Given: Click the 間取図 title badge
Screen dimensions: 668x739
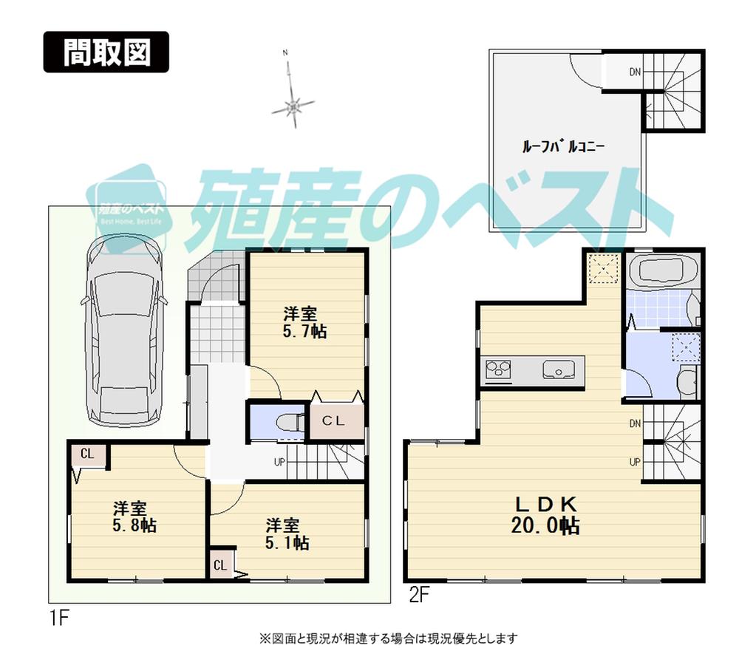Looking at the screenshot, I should (x=106, y=52).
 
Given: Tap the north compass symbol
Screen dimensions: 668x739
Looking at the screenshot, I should (x=293, y=106).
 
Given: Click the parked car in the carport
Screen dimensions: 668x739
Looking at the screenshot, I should (x=123, y=329).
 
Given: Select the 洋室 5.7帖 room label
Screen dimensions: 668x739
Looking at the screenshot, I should (x=306, y=321).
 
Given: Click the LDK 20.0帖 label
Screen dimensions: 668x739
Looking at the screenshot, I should (x=545, y=514).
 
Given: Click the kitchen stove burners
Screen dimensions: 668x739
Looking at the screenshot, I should (x=498, y=367).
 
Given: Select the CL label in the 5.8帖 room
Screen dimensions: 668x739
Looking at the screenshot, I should (x=87, y=454).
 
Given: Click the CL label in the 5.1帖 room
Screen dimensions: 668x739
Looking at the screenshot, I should (x=220, y=566).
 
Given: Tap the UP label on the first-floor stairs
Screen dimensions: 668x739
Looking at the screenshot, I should (x=279, y=463).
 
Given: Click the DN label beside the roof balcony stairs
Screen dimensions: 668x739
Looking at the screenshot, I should (x=635, y=72).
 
